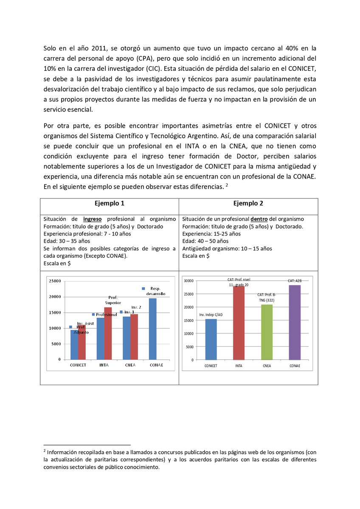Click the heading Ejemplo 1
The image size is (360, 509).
(x=110, y=204)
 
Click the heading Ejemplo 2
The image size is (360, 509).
(x=248, y=204)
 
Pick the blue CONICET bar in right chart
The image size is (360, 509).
(x=211, y=339)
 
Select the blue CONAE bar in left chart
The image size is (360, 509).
(x=152, y=329)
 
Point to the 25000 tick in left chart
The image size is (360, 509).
(x=55, y=281)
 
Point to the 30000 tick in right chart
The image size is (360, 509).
(x=188, y=281)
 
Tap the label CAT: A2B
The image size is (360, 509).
(x=295, y=281)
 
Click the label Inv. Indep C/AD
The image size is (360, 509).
(x=211, y=315)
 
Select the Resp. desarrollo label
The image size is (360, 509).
(x=155, y=291)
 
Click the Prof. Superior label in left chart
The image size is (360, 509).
(x=113, y=300)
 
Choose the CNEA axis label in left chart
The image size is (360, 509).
(x=130, y=365)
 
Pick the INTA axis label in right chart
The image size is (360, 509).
(x=239, y=366)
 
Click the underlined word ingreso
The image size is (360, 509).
(x=92, y=219)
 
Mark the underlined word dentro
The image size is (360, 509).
(x=259, y=219)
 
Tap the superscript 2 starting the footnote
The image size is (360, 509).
(x=45, y=450)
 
